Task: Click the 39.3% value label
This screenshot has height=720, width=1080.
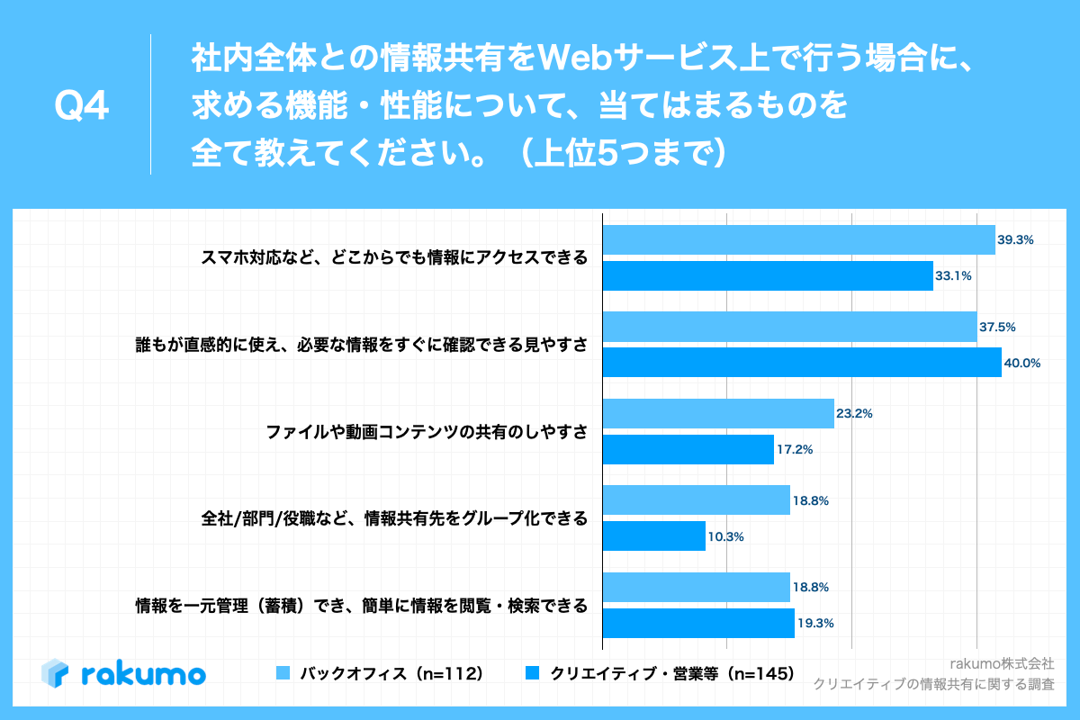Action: click(1015, 240)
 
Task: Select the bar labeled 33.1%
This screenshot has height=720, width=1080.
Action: click(767, 275)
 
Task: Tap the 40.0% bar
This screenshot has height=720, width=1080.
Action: click(801, 363)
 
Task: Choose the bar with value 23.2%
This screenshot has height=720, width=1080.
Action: click(717, 413)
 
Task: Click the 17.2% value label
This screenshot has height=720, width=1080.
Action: click(795, 449)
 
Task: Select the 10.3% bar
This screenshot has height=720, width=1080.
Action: click(653, 535)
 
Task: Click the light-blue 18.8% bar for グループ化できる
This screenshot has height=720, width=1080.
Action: click(696, 500)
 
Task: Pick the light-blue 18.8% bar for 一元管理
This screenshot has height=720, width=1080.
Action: click(696, 587)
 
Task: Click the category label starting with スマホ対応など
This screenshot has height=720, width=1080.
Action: click(394, 258)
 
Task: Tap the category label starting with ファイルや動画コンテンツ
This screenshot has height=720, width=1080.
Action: click(427, 432)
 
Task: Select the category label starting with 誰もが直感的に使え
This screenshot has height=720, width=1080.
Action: click(357, 345)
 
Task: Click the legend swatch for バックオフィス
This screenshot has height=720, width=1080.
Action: click(283, 672)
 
